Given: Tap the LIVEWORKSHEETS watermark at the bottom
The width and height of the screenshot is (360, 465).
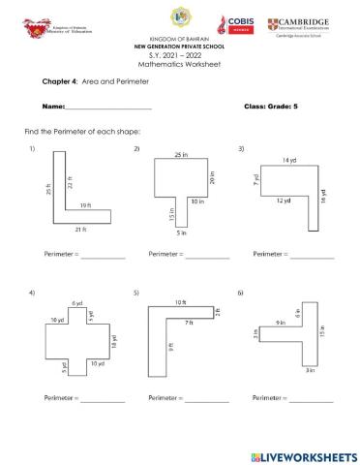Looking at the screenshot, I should (x=303, y=454).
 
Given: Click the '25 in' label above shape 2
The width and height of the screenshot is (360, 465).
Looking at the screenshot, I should (x=180, y=154).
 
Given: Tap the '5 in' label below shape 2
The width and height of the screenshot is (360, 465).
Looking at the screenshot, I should (x=180, y=233).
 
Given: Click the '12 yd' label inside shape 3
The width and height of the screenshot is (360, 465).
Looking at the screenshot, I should (x=282, y=200).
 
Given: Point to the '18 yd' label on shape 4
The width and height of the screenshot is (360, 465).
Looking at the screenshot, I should (x=114, y=341).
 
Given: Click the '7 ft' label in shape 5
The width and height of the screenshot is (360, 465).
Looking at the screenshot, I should (x=189, y=333).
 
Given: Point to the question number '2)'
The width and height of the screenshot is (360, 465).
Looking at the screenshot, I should (x=136, y=147).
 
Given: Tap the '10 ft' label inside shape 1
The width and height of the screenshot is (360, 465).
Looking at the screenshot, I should (x=85, y=205).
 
